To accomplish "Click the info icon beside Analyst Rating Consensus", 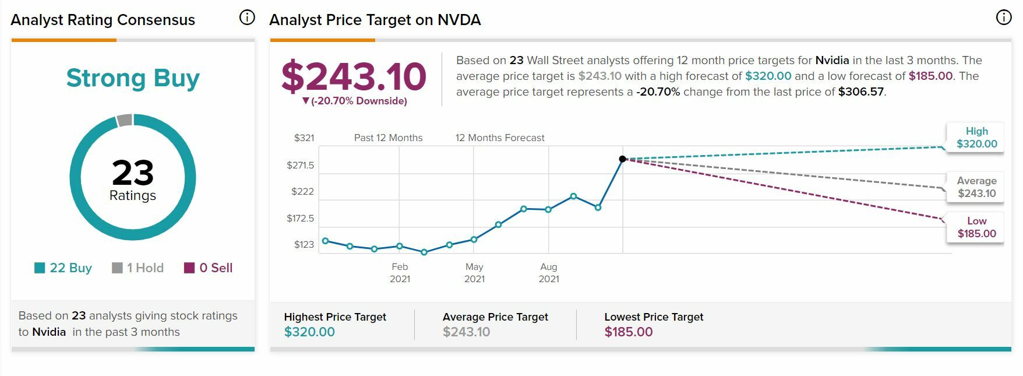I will (247, 18).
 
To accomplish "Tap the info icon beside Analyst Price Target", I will (1004, 18).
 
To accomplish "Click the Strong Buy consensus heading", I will (133, 78).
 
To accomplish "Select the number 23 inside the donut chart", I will (133, 173).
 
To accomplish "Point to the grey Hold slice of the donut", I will (125, 120).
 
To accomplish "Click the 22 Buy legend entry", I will (64, 268).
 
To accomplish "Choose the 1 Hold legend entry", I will (138, 268).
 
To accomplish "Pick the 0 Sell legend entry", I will (209, 268).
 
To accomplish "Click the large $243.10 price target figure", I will (354, 77).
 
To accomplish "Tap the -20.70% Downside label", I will (355, 101).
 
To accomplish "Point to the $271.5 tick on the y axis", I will (300, 165).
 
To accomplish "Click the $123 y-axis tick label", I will (304, 244).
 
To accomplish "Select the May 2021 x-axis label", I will (474, 273).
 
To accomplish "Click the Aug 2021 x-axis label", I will (549, 273).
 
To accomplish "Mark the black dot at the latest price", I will (622, 159).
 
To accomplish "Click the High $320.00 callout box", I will (976, 138).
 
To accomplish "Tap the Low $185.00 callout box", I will (976, 227).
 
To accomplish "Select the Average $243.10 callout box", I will (976, 187).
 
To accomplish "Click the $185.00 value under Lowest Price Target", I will (629, 332).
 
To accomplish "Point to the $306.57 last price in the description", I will (860, 92).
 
